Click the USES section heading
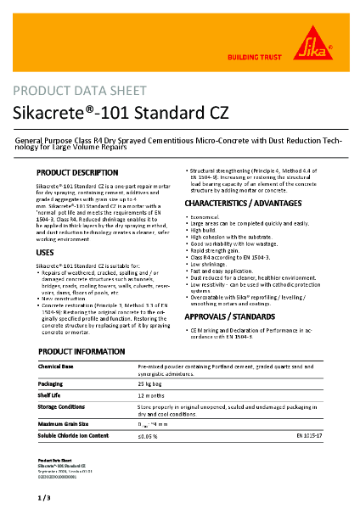(46, 253)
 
